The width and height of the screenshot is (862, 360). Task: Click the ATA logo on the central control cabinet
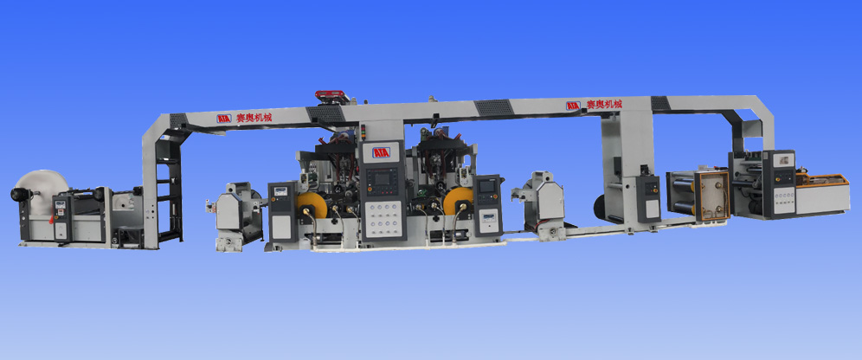[x=382, y=152]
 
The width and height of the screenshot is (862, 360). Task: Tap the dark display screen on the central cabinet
[x=382, y=180]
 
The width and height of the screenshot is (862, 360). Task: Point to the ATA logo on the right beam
[x=573, y=106]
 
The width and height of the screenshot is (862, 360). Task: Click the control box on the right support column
[x=646, y=196]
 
